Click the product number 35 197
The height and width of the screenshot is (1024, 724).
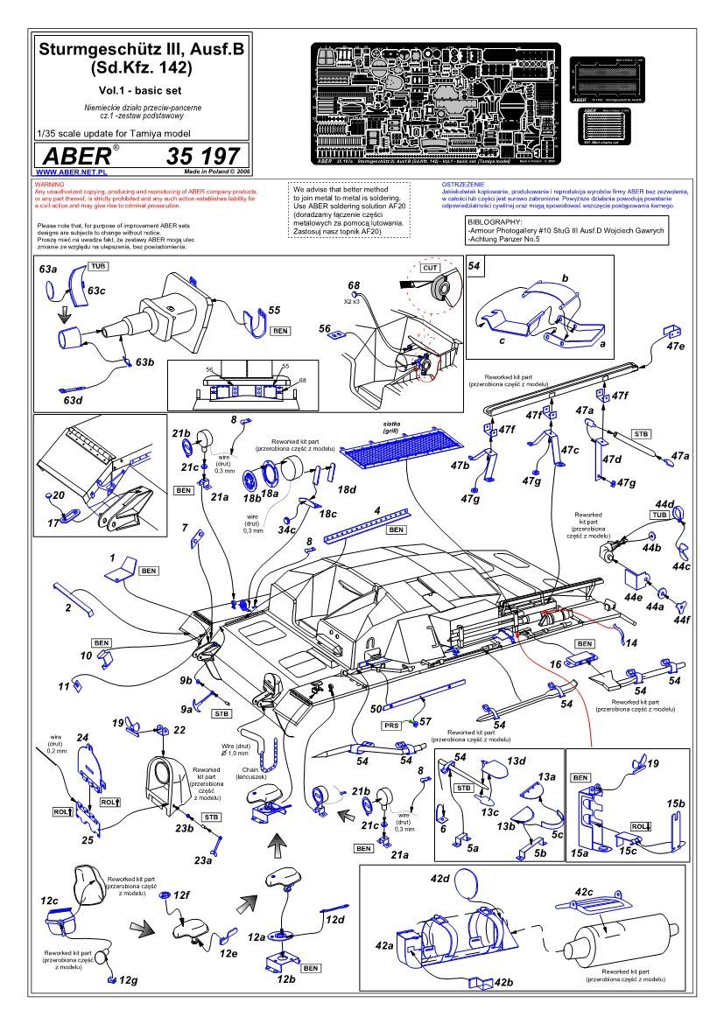click(x=202, y=157)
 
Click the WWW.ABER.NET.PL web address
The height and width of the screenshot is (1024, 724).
click(x=67, y=173)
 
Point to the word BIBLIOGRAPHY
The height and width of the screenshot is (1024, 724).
click(x=497, y=221)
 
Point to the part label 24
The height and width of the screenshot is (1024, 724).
click(x=84, y=737)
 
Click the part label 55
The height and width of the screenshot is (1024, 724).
click(x=274, y=311)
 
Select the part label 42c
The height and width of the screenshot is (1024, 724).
click(x=585, y=891)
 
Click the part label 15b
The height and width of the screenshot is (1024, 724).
click(x=675, y=803)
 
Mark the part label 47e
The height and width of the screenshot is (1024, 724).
click(x=675, y=347)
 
